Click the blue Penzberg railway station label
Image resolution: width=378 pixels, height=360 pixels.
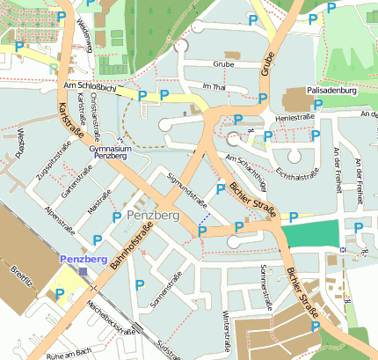coord(83,260)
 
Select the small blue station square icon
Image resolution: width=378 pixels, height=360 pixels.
coord(84,272)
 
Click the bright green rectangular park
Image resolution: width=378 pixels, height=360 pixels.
coord(309,234)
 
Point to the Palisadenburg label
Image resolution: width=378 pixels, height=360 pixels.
coord(330,91)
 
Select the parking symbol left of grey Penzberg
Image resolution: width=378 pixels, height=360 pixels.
coord(116,217)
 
